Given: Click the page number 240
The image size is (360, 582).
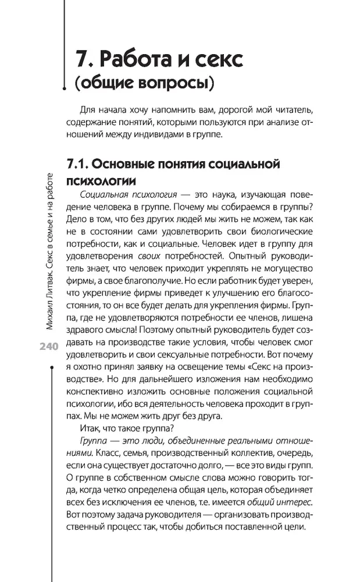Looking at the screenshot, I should coord(47,346).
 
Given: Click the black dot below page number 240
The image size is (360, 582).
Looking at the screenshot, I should coord(53,368).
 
